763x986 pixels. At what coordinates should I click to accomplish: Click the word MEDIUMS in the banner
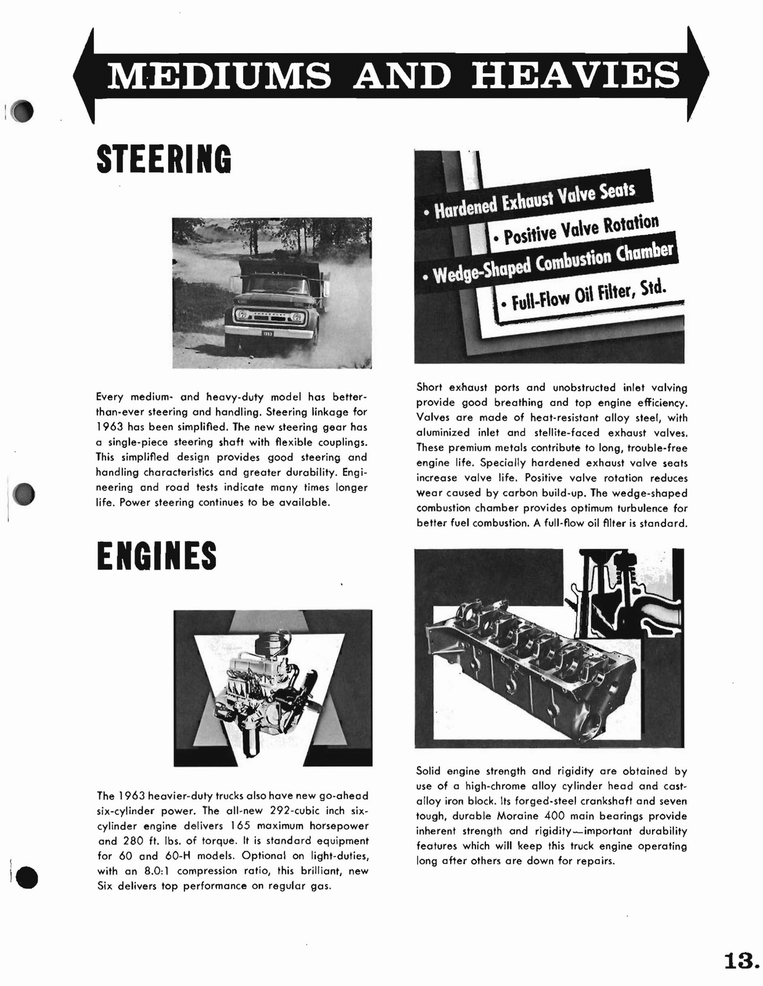pyautogui.click(x=219, y=75)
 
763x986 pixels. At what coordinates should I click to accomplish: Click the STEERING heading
pyautogui.click(x=164, y=159)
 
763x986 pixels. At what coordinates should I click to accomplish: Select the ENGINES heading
pyautogui.click(x=157, y=555)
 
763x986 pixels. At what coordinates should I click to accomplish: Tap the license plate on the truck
pyautogui.click(x=268, y=333)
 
